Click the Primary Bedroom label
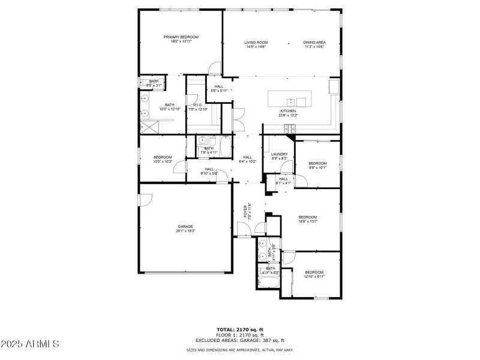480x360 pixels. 181,37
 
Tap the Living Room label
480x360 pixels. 256,43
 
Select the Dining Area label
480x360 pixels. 314,43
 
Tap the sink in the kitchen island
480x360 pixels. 291,101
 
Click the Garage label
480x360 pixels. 185,226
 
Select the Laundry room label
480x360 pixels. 280,154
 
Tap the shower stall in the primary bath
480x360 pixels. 149,127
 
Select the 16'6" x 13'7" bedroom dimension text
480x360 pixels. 308,221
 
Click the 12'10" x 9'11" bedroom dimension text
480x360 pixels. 314,277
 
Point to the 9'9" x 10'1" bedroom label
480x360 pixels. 317,163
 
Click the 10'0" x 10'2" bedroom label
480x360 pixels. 146,157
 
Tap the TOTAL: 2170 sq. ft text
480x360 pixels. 240,329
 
